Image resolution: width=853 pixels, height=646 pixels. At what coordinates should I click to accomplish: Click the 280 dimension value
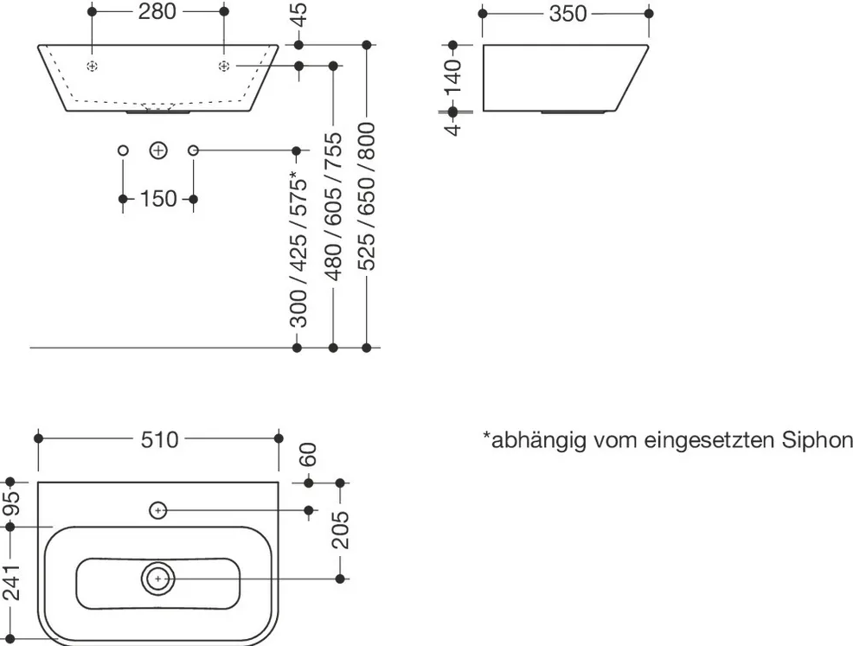[157, 11]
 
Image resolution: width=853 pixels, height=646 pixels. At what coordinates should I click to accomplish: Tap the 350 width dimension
[568, 14]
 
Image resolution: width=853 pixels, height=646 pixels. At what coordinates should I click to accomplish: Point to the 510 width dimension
[159, 439]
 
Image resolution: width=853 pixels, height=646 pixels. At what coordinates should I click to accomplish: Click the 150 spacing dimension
[158, 199]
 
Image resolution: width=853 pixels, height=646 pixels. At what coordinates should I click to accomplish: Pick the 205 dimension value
[340, 529]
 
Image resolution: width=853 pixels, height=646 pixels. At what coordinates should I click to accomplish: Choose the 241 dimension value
[11, 582]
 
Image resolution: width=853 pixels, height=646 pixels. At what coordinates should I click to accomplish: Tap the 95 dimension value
[11, 504]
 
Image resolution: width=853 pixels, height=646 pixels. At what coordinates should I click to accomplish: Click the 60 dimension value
[308, 455]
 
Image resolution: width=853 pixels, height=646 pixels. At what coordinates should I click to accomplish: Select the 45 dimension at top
[298, 15]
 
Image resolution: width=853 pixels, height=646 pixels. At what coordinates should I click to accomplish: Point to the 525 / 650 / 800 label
[367, 196]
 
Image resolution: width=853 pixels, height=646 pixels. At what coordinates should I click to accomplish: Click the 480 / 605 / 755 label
[333, 207]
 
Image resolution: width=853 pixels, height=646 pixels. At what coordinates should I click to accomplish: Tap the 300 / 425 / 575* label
[298, 250]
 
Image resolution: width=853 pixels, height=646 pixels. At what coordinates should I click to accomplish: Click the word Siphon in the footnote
[817, 439]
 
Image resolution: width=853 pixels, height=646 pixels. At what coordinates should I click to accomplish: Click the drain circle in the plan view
[158, 579]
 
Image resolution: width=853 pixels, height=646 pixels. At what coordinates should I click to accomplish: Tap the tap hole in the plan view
[157, 510]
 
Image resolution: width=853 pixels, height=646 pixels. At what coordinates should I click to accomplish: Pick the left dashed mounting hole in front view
[93, 67]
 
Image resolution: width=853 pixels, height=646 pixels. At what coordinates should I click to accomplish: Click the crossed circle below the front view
[158, 150]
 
